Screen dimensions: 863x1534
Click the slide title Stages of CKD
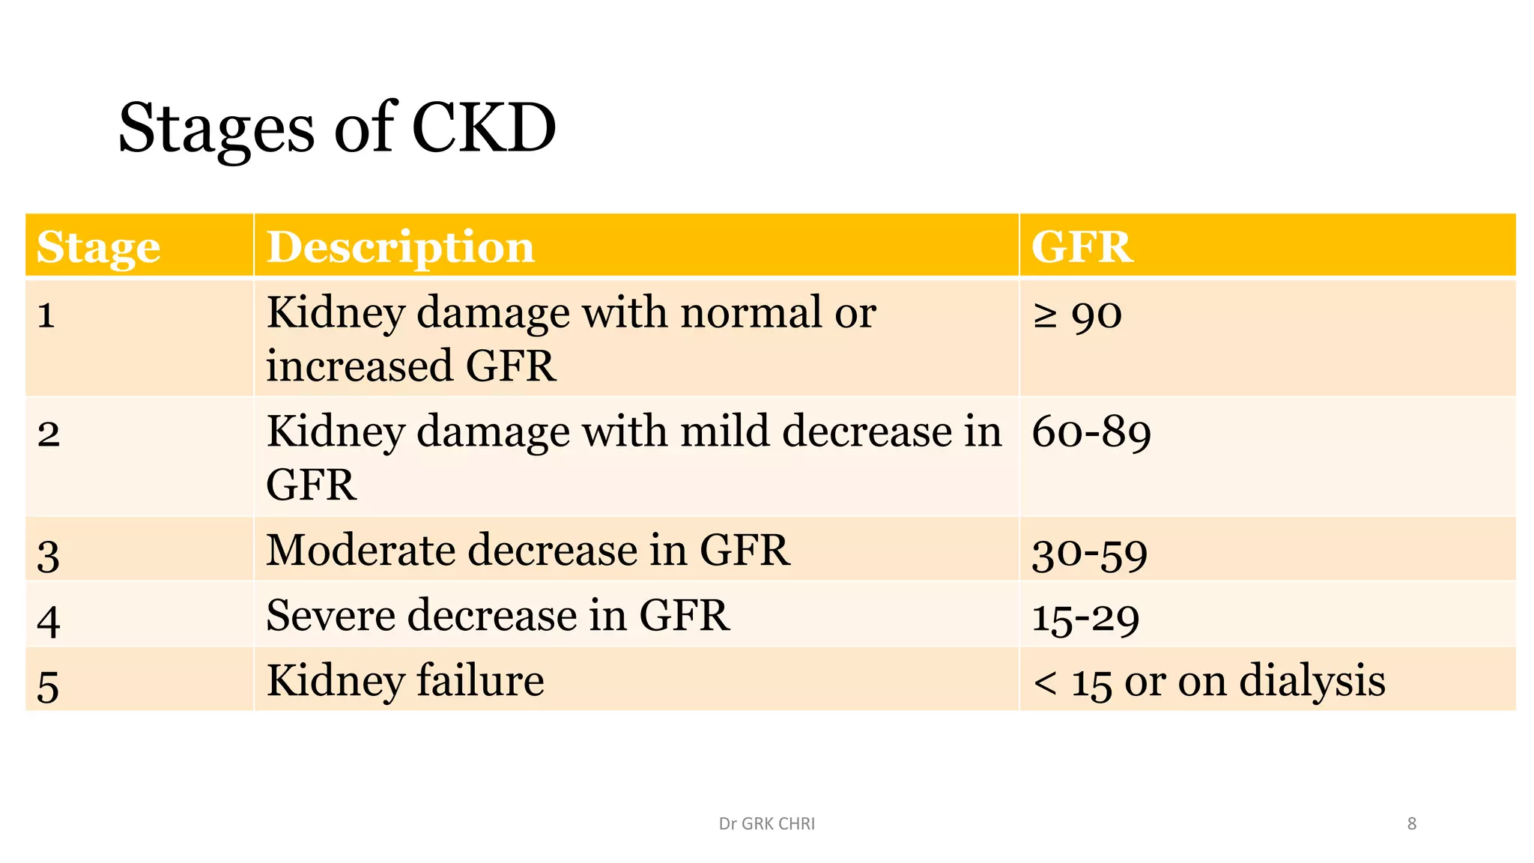[337, 129]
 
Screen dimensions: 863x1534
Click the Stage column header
[98, 247]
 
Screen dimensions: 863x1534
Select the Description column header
[401, 247]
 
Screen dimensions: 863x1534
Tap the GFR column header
[1082, 247]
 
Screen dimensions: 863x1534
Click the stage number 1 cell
[46, 315]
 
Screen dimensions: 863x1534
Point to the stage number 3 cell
[49, 555]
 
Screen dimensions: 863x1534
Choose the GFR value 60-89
[1091, 433]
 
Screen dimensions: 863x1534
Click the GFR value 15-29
[1085, 619]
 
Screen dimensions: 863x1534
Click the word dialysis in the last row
[1312, 682]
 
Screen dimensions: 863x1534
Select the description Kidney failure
[405, 681]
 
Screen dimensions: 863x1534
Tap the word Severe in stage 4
[330, 616]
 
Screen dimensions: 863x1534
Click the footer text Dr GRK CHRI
[766, 824]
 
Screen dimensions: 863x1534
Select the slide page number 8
[1411, 824]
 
